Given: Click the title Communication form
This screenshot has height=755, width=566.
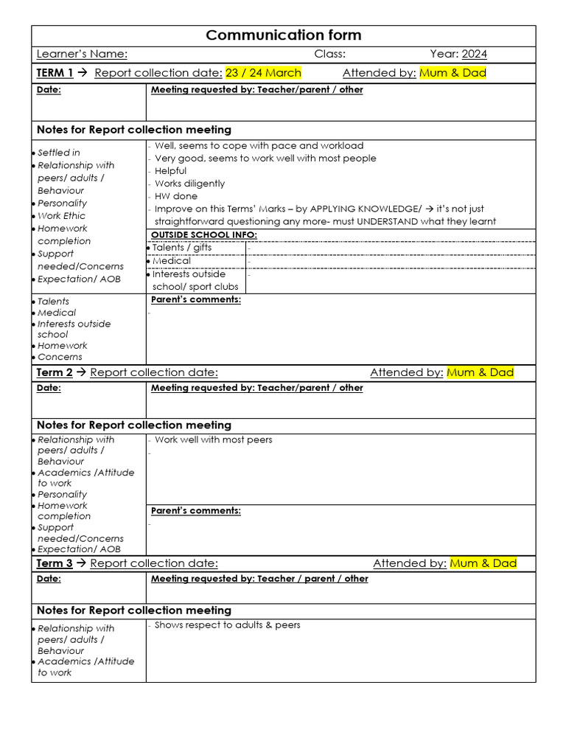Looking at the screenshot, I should coord(283,35).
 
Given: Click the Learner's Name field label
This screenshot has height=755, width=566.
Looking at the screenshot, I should coord(82,54).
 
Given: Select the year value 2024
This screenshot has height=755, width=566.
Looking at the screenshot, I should coord(475,54).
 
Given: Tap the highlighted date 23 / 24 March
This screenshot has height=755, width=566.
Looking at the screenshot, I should coord(263,73).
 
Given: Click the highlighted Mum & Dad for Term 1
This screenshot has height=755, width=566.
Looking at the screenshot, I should coord(453,73).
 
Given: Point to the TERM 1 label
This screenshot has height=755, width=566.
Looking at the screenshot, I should coord(55,73).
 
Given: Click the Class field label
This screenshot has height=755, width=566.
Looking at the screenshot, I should coord(329,54).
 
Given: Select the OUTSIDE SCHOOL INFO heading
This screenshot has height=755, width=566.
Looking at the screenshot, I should coord(203,234).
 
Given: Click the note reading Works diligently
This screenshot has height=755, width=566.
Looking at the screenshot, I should coord(189,184).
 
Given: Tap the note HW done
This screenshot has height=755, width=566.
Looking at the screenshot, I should coord(176,196).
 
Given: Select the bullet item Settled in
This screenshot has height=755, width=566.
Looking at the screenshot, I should coord(59,153).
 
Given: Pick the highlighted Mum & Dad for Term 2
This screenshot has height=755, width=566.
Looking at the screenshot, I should coord(480,373).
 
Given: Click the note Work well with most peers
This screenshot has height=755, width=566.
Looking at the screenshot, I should coord(213,440).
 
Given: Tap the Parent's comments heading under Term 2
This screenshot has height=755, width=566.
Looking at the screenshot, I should coord(195,511).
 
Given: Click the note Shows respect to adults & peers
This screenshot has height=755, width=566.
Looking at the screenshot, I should coord(227,625).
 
